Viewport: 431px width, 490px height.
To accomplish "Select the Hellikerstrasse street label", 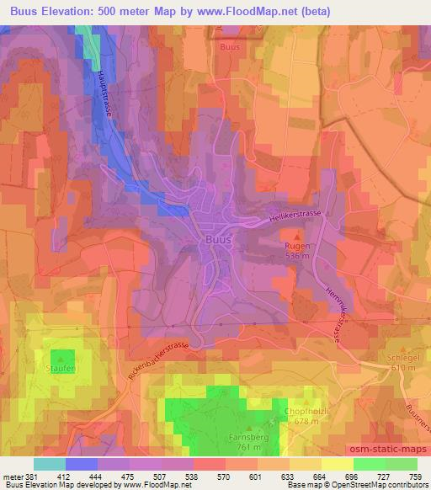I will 297,216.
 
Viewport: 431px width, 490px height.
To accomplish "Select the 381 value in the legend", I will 31,477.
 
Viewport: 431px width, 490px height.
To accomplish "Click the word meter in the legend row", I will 12,477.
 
